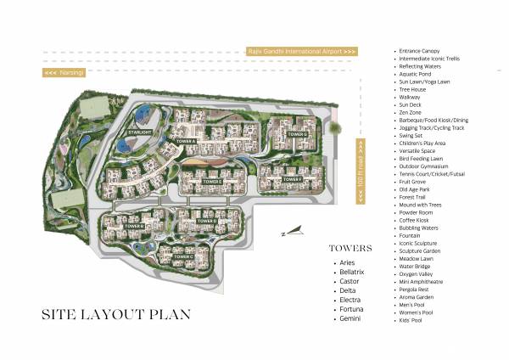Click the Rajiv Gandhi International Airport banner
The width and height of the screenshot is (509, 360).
point(302,51)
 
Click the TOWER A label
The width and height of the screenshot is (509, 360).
point(186,140)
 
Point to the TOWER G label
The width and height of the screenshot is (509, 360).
point(295,134)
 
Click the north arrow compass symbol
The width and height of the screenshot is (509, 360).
point(292,229)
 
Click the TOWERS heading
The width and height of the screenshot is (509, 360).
point(350,250)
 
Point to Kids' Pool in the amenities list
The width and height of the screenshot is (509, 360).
point(416,321)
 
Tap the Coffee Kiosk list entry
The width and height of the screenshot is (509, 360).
point(418,219)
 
